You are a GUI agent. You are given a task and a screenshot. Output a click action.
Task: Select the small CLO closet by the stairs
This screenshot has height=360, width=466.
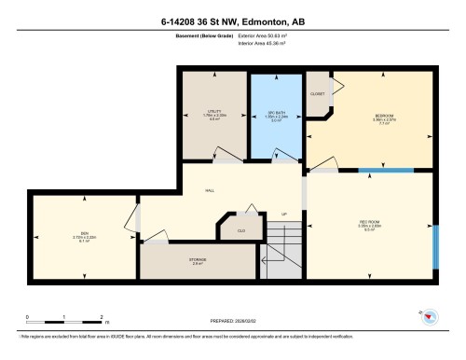[240, 229]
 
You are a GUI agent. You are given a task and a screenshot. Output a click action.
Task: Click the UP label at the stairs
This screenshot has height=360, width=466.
[284, 214]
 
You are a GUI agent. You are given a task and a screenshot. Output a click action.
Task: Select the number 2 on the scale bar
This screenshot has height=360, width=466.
[99, 318]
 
